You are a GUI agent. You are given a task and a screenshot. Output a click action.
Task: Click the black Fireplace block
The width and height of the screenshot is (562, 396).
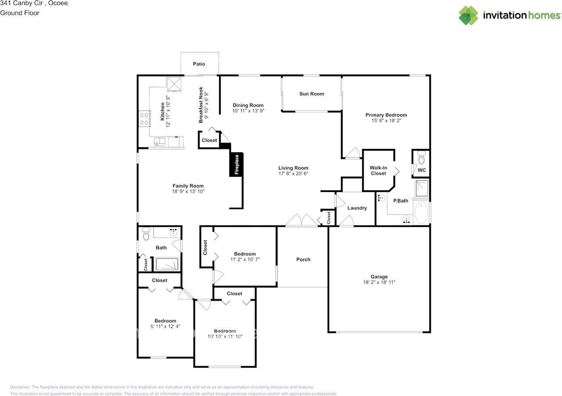click(x=236, y=164)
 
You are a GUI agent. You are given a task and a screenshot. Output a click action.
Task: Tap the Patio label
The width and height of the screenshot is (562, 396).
click(x=199, y=64)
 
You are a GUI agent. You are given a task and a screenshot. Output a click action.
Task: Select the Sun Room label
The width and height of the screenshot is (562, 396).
click(x=312, y=94)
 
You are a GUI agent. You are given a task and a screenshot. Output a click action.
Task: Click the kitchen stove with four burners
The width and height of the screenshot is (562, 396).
click(x=144, y=119)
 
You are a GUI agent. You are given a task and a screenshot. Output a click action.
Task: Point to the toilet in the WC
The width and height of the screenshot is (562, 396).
click(x=421, y=157)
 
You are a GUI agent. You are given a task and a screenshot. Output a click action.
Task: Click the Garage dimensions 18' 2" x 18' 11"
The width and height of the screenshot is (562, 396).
click(x=379, y=282)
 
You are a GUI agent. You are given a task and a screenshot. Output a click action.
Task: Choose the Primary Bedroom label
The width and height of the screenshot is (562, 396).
click(x=386, y=115)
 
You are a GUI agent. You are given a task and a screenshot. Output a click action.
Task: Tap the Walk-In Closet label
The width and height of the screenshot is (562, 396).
click(x=378, y=171)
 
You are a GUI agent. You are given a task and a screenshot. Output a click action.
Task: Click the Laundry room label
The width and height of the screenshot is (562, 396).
click(x=357, y=208)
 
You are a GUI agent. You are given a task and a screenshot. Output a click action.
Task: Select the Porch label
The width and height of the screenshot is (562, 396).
click(x=303, y=259)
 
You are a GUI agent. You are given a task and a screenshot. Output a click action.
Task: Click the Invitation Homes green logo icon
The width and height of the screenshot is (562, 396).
click(x=468, y=15)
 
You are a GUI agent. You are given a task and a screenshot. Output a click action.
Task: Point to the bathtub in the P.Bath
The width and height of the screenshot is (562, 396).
click(x=421, y=212)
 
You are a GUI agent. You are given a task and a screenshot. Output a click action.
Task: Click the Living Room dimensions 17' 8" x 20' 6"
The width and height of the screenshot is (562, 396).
click(x=293, y=174)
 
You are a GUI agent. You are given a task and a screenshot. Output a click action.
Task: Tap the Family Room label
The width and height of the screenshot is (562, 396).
click(x=188, y=186)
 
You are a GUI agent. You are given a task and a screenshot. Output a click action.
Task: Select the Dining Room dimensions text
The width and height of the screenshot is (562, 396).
click(x=248, y=111)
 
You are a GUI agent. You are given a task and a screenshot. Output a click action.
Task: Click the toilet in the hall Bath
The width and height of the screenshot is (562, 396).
click(x=146, y=234)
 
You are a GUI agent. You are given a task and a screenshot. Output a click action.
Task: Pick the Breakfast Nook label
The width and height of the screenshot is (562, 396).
click(x=201, y=105)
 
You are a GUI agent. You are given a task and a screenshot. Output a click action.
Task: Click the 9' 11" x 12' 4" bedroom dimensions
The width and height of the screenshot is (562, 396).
click(x=166, y=327)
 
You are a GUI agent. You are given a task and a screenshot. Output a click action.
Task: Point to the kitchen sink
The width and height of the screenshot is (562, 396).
click(x=159, y=142)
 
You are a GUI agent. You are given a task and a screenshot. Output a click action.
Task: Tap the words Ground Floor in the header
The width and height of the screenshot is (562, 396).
click(x=20, y=13)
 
